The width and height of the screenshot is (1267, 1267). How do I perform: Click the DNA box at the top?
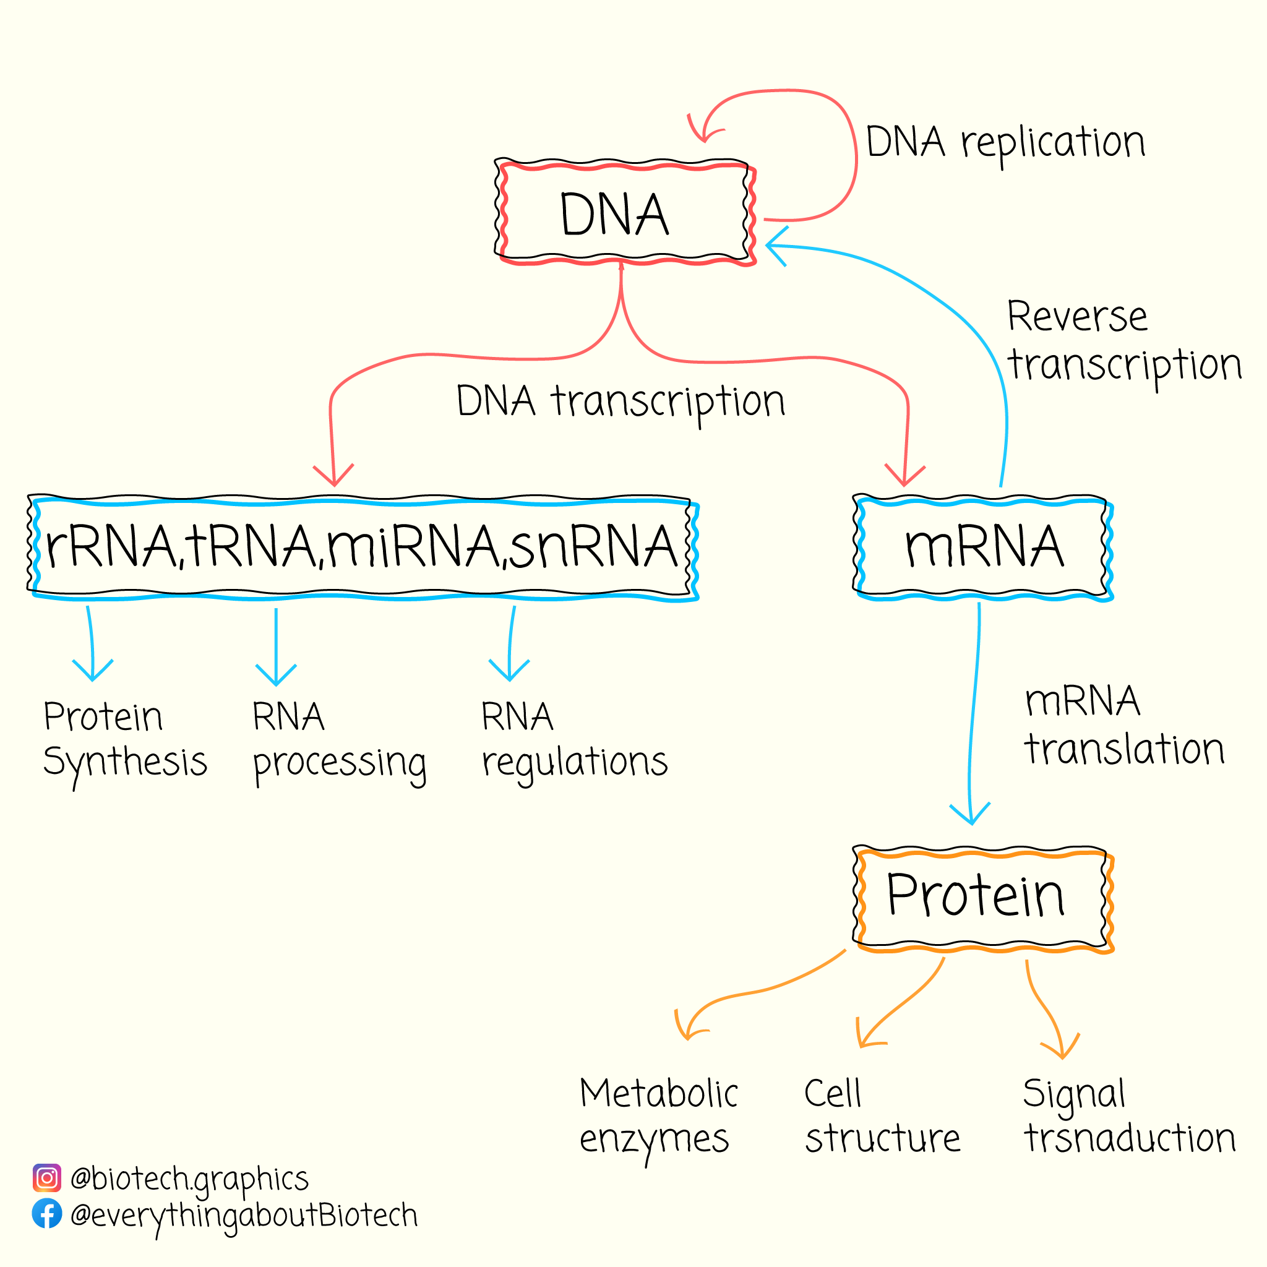click(x=625, y=212)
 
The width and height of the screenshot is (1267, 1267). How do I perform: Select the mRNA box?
click(x=982, y=548)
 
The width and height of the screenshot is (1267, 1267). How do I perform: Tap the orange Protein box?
click(x=982, y=898)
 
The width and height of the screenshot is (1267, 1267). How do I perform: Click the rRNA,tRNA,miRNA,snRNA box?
click(x=363, y=548)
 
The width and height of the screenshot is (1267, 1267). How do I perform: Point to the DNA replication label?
click(x=1005, y=143)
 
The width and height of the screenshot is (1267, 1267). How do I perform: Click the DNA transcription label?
click(x=621, y=402)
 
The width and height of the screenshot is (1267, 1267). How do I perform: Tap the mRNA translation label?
click(x=1124, y=725)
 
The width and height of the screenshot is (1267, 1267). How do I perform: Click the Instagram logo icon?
click(x=47, y=1178)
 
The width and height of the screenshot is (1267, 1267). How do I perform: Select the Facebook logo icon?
click(x=47, y=1214)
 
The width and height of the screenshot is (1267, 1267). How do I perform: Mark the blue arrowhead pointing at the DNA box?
click(x=776, y=246)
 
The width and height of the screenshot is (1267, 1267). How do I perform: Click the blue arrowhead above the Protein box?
click(x=970, y=814)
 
